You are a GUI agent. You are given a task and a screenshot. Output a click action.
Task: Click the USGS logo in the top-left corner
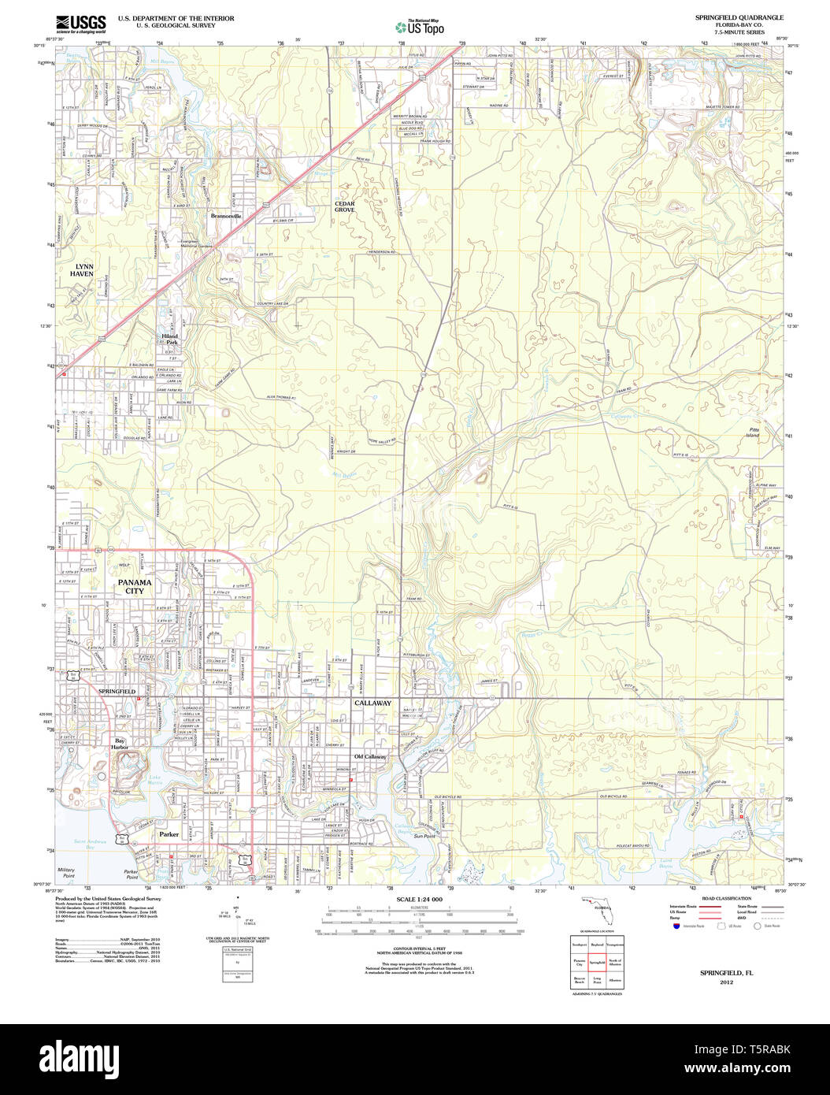[x=80, y=25]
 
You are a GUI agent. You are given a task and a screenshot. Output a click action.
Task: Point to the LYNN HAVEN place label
[x=82, y=270]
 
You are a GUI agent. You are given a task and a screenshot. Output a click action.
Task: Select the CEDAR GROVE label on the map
[x=345, y=207]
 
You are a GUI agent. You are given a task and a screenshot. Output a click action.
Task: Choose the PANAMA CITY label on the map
[x=134, y=587]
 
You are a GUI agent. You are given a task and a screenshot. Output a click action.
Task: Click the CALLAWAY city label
[x=372, y=703]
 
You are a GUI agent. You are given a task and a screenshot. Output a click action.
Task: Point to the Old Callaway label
[x=370, y=757]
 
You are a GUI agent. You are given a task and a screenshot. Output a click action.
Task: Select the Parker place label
[x=169, y=833]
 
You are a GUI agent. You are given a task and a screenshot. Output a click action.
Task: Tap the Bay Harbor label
[x=120, y=744]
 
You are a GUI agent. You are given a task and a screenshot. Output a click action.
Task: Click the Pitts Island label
[x=754, y=432]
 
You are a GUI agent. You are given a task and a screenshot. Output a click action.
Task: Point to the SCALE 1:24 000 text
[x=420, y=900]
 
